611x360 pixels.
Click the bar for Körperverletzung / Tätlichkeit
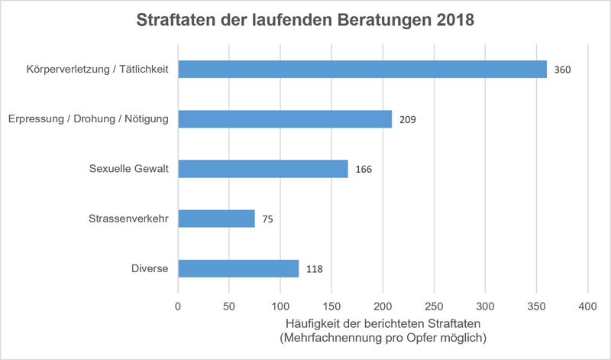point(362,70)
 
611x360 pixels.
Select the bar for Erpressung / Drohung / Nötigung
point(285,119)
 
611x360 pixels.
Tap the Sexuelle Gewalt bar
point(263,169)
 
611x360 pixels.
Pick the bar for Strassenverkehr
point(216,219)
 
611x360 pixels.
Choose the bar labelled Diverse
point(238,268)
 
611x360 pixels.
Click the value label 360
point(563,70)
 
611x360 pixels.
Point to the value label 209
point(407,120)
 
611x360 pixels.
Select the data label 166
point(364,170)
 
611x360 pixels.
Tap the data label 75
point(267,219)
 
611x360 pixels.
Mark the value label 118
point(314,269)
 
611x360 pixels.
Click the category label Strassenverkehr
point(130,219)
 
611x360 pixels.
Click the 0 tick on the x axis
point(178,306)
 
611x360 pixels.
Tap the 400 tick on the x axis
point(587,306)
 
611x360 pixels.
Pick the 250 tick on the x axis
point(434,306)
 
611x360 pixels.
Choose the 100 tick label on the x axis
point(280,306)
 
